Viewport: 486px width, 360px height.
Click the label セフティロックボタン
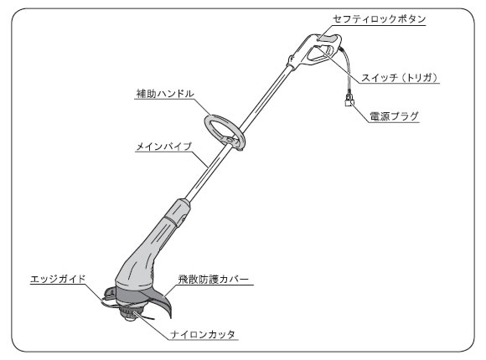coord(379,19)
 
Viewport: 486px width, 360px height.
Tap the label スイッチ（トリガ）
coord(400,78)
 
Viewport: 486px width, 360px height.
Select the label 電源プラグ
coord(394,116)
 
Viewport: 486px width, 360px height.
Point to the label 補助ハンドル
coord(165,94)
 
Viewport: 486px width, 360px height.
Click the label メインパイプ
coord(164,147)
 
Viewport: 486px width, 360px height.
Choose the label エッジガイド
coord(58,279)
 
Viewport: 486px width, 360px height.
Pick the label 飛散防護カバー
coord(213,279)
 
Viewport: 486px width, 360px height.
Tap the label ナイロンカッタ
coord(203,335)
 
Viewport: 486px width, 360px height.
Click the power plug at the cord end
coord(349,100)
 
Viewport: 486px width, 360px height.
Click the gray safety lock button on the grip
coord(328,39)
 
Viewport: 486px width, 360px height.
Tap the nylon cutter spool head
coord(130,313)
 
